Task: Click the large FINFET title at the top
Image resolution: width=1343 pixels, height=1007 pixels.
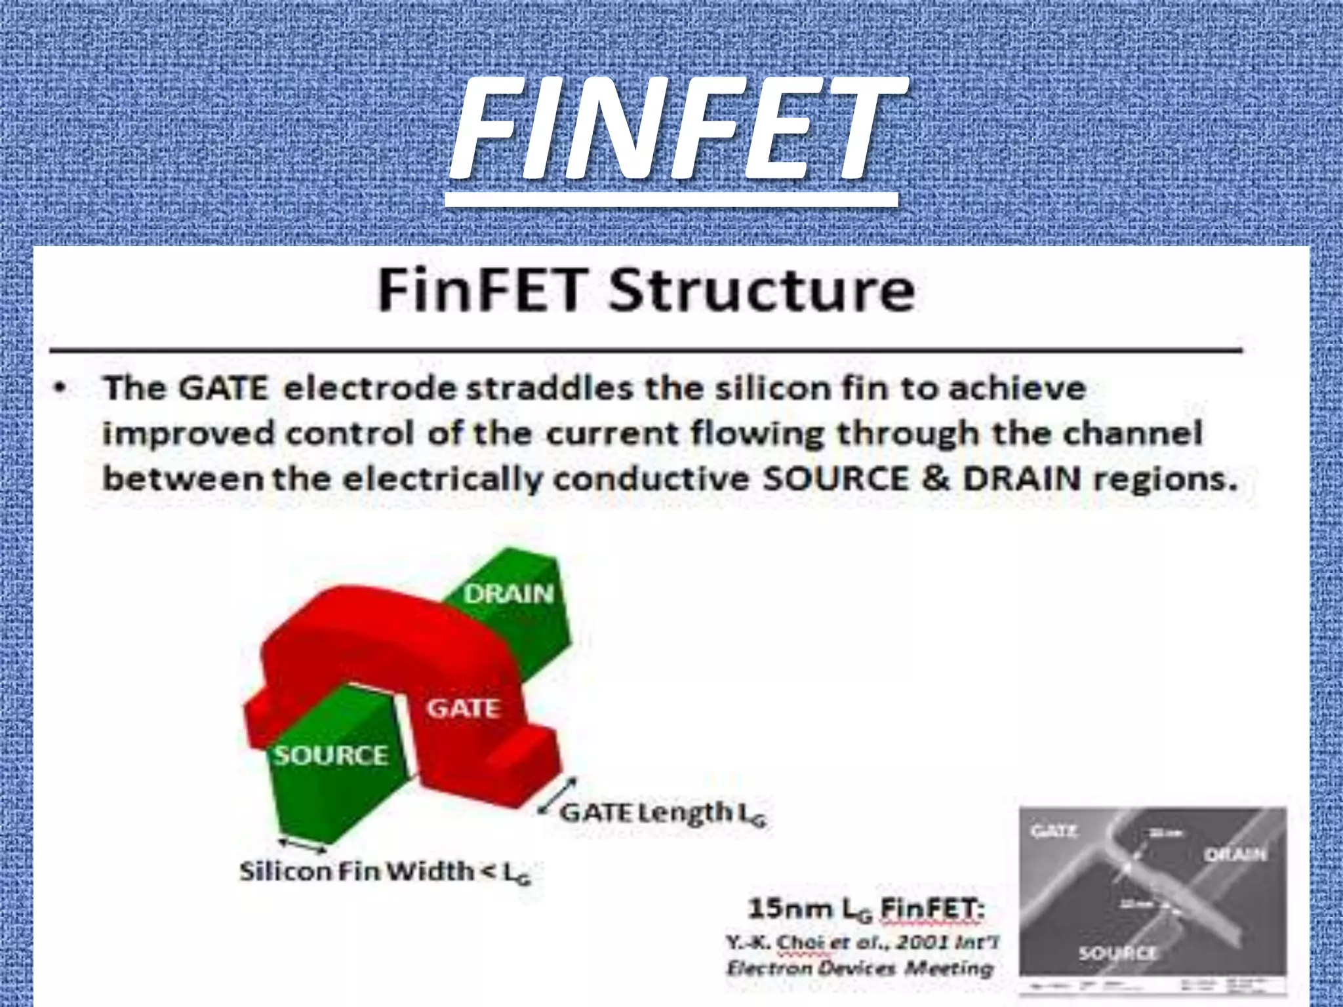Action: click(675, 128)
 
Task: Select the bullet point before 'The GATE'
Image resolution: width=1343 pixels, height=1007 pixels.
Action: click(60, 388)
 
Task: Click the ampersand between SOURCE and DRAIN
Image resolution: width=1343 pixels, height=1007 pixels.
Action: click(935, 479)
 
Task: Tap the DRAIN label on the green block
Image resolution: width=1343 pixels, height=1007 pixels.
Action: click(509, 594)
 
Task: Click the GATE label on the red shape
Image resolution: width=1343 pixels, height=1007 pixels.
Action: click(464, 708)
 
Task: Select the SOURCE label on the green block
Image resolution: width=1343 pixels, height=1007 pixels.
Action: click(331, 755)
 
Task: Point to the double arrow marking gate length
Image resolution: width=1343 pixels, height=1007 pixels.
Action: click(557, 795)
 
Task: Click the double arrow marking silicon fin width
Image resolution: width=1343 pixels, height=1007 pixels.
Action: click(302, 846)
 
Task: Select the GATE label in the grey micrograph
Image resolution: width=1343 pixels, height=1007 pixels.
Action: click(1054, 832)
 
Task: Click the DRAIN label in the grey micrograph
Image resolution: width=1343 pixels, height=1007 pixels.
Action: click(1235, 854)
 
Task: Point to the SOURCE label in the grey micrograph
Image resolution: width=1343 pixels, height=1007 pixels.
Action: click(1117, 953)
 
